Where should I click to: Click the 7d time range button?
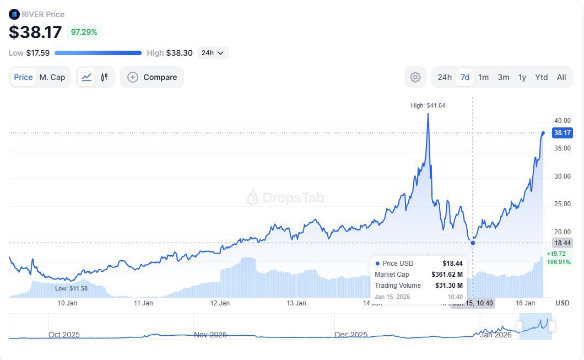(465, 77)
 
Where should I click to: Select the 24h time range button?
(445, 77)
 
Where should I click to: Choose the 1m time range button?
(483, 77)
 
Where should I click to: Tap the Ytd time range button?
(542, 77)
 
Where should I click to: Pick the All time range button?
(561, 77)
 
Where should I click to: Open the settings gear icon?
(415, 77)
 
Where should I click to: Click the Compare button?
(152, 77)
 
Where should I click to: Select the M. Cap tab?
(52, 77)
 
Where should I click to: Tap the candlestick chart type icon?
(104, 77)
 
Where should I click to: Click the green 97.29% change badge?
(84, 32)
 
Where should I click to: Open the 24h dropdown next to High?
(213, 53)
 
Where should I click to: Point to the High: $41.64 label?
(428, 105)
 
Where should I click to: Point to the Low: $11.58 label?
(71, 288)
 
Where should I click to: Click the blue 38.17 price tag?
(563, 133)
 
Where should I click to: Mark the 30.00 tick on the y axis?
(562, 176)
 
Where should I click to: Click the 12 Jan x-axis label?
(220, 303)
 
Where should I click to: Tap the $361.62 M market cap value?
(447, 275)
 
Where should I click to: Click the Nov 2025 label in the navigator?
(210, 335)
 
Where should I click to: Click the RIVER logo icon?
(14, 14)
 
